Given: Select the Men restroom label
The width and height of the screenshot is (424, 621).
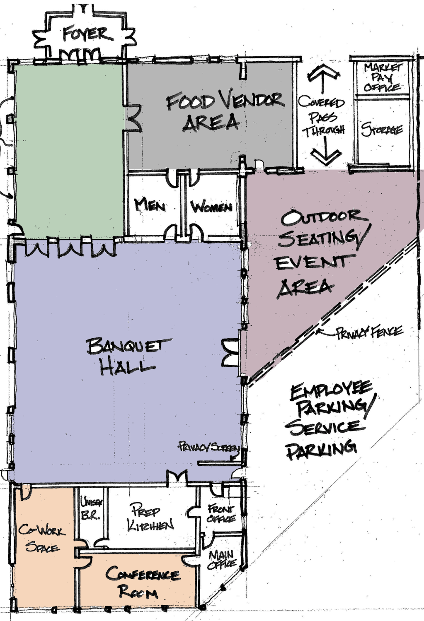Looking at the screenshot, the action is point(150,205).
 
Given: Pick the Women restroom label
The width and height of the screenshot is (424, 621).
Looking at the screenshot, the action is point(211,207).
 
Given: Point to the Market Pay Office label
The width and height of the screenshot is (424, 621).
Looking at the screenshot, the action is point(383,77).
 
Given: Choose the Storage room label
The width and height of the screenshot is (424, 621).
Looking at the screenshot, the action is point(382,130).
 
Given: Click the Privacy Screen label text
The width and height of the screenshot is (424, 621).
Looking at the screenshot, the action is point(209,447).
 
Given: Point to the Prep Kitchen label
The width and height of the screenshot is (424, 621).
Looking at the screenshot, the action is point(150,518).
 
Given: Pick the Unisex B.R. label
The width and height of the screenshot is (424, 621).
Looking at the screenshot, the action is point(91,508).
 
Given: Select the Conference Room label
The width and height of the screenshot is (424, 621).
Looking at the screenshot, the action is point(143,582).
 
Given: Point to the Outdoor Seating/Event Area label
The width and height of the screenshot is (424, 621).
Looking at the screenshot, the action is point(322,253).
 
